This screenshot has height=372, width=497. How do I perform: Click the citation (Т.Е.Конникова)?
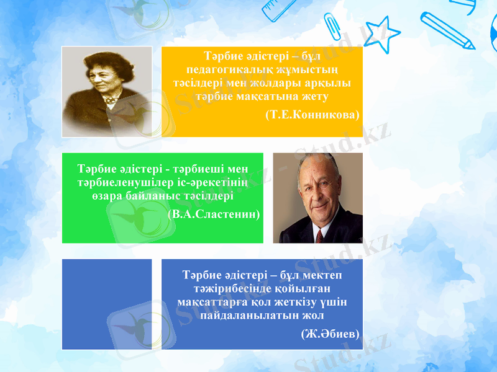(x=312, y=115)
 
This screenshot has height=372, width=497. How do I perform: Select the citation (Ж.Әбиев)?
(x=330, y=334)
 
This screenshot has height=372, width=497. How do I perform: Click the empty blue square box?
(x=107, y=304)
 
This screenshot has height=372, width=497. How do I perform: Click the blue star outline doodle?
(x=381, y=32)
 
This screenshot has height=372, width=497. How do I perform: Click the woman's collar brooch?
(x=111, y=100)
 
